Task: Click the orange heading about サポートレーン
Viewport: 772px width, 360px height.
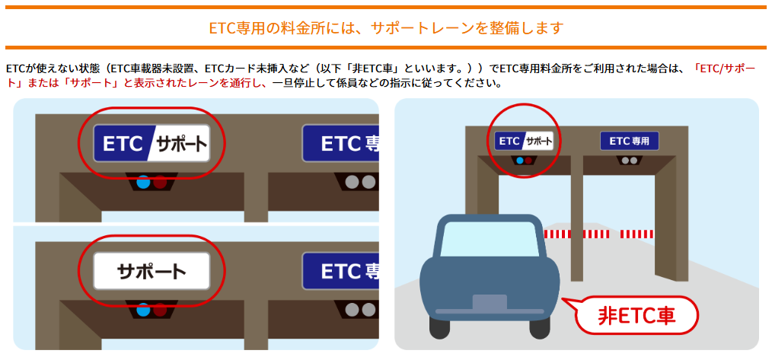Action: pyautogui.click(x=386, y=28)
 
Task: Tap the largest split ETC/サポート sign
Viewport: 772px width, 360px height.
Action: pyautogui.click(x=152, y=143)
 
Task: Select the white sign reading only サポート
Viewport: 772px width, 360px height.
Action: pyautogui.click(x=152, y=270)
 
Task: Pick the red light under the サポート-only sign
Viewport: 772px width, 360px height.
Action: pyautogui.click(x=160, y=310)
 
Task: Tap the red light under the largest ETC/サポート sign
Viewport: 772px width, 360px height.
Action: pyautogui.click(x=160, y=183)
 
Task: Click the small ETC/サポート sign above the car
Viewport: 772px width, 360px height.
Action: pyautogui.click(x=523, y=141)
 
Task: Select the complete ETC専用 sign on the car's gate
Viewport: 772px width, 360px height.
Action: pyautogui.click(x=629, y=141)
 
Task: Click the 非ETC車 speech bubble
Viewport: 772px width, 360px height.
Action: pyautogui.click(x=636, y=314)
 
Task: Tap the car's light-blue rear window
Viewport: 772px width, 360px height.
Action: pyautogui.click(x=488, y=238)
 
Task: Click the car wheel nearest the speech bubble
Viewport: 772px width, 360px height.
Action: pyautogui.click(x=539, y=327)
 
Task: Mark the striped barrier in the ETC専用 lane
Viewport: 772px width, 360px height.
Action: pyautogui.click(x=638, y=233)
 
